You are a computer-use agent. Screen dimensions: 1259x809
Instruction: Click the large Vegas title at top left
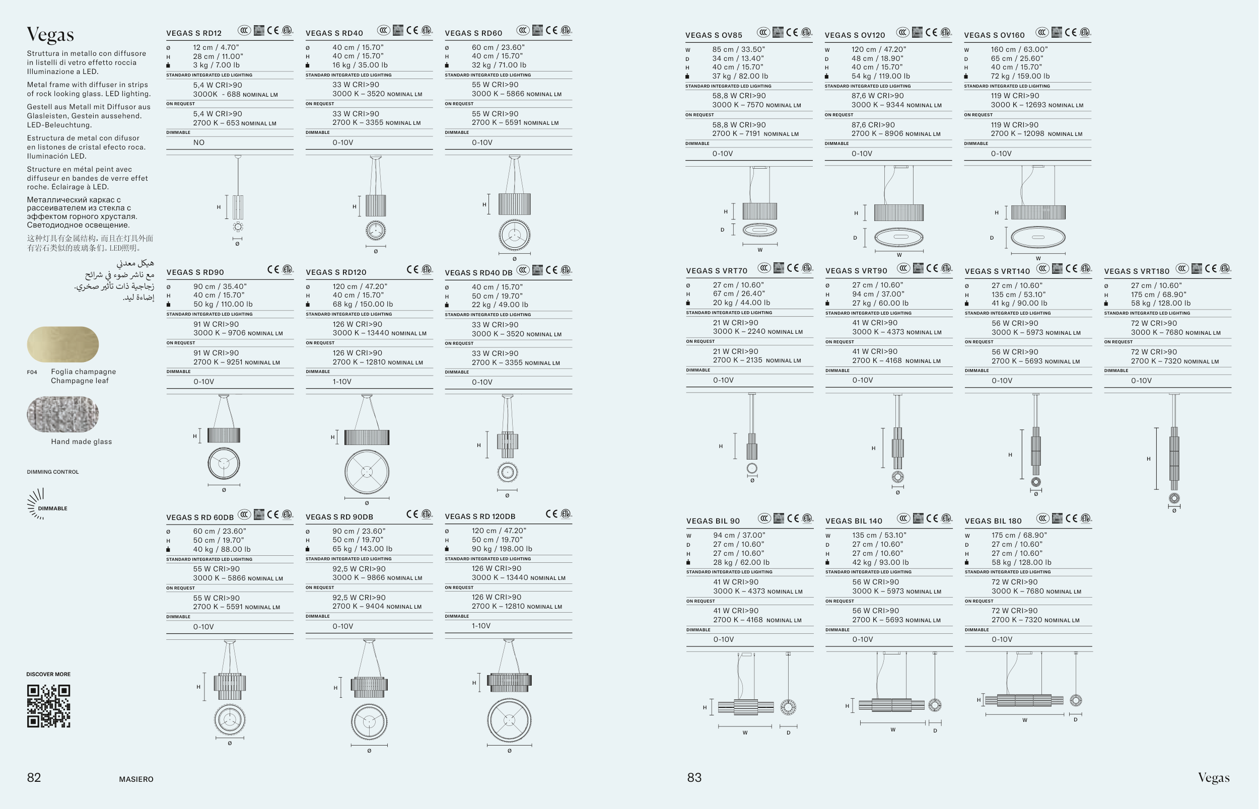[50, 35]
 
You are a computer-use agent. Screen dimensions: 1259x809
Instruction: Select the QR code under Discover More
[48, 706]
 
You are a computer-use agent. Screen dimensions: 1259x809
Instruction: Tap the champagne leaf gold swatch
[62, 344]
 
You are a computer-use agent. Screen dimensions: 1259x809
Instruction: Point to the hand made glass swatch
[62, 414]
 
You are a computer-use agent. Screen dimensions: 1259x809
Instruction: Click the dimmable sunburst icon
[36, 503]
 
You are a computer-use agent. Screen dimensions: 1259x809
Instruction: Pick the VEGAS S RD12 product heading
[194, 33]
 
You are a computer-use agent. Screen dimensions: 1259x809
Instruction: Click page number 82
[34, 777]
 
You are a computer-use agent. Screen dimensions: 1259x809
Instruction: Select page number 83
[694, 777]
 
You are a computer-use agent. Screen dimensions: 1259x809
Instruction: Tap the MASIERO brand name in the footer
[136, 779]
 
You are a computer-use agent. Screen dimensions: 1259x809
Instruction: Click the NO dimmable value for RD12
[198, 142]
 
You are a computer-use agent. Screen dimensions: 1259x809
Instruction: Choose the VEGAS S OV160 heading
[994, 35]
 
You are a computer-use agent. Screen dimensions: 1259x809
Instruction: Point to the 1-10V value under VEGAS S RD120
[341, 382]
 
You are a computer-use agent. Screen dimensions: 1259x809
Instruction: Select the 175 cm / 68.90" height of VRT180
[1159, 295]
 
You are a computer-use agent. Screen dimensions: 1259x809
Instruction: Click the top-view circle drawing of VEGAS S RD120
[367, 472]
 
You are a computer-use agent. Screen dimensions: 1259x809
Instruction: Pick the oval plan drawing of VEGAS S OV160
[1038, 238]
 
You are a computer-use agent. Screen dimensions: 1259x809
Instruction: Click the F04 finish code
[32, 373]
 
